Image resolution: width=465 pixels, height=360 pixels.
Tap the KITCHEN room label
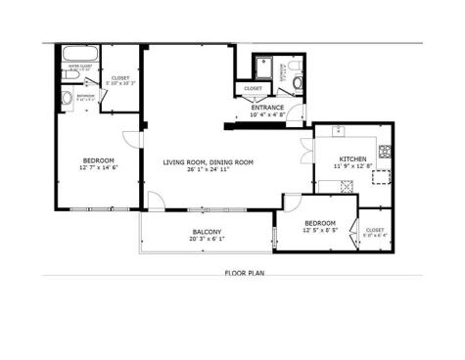point(352,158)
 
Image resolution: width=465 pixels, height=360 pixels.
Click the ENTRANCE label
point(267,107)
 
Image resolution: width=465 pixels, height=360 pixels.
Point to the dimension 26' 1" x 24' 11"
point(209,169)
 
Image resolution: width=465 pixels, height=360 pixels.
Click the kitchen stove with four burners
point(385,153)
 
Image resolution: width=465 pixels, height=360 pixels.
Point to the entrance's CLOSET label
point(253,89)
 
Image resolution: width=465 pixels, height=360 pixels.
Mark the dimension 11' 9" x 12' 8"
point(352,166)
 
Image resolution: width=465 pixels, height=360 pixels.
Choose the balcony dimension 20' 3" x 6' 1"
point(207,239)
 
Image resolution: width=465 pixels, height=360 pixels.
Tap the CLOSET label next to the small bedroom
point(374,228)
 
